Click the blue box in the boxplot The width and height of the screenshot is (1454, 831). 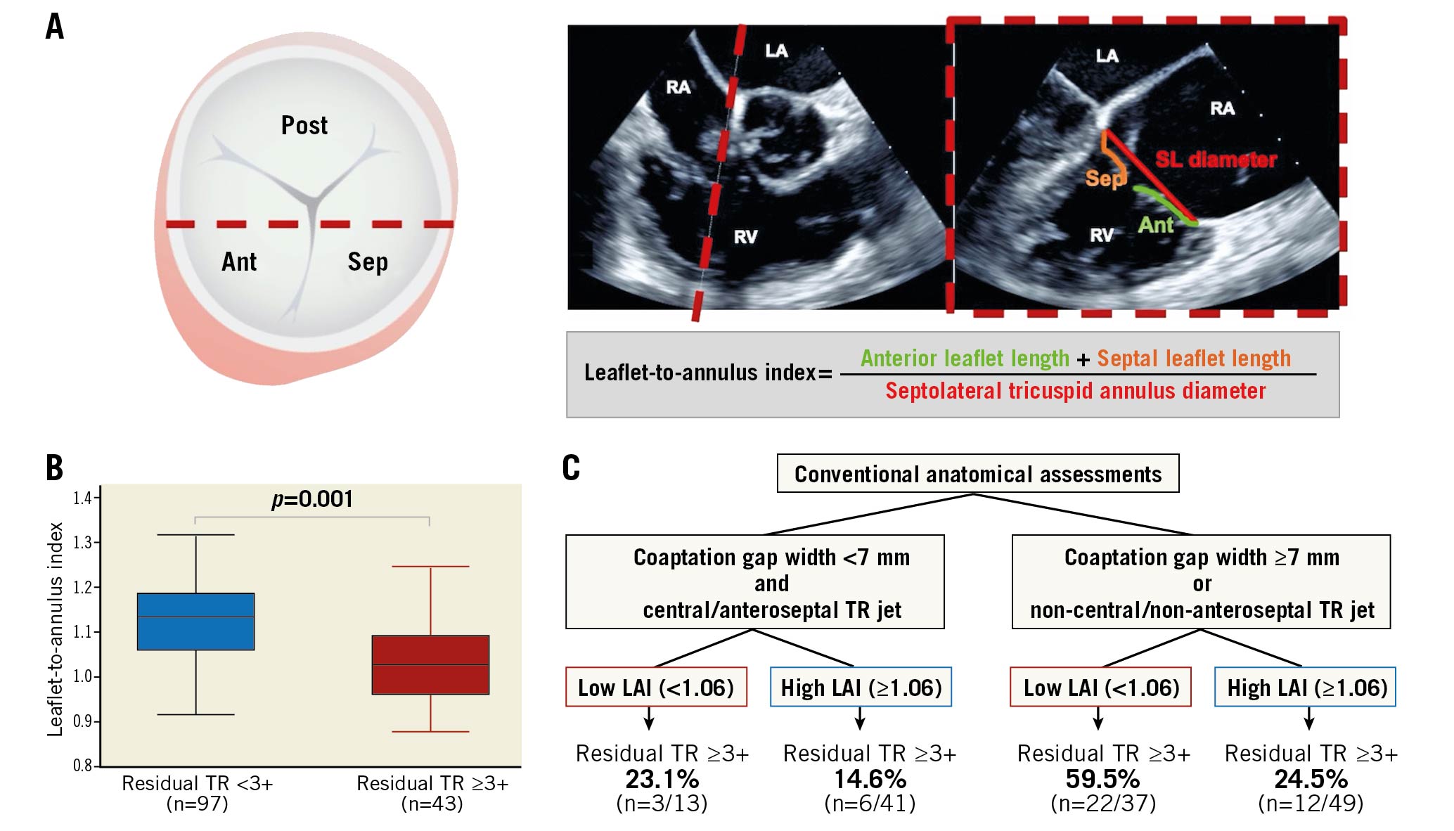point(195,621)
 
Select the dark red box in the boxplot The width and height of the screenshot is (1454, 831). point(430,665)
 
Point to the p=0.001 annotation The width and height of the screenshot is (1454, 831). point(312,499)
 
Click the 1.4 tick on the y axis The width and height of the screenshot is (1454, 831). point(82,498)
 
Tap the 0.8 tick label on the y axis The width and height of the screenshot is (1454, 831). point(82,765)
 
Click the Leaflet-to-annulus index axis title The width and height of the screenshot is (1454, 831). point(55,629)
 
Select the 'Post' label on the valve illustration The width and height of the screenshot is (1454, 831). point(304,126)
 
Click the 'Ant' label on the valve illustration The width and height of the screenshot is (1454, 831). point(239,262)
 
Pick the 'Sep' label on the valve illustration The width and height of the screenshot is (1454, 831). point(367,262)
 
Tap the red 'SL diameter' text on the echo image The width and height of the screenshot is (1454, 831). point(1216,160)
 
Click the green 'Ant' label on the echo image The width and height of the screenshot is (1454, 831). point(1155,225)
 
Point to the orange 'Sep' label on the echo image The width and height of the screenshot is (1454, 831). point(1104,179)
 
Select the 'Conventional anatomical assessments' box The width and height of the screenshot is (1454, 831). point(977,474)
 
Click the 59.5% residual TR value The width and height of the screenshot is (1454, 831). point(1102,779)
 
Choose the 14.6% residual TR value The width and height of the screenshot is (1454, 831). point(870,779)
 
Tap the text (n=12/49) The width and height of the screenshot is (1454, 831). point(1311,803)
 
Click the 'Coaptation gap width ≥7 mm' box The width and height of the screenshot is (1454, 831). point(1201,582)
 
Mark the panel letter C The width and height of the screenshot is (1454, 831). point(571,468)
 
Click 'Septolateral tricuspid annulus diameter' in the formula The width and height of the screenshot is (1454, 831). point(1075,391)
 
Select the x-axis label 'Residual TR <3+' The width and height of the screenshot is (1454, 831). point(197,783)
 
